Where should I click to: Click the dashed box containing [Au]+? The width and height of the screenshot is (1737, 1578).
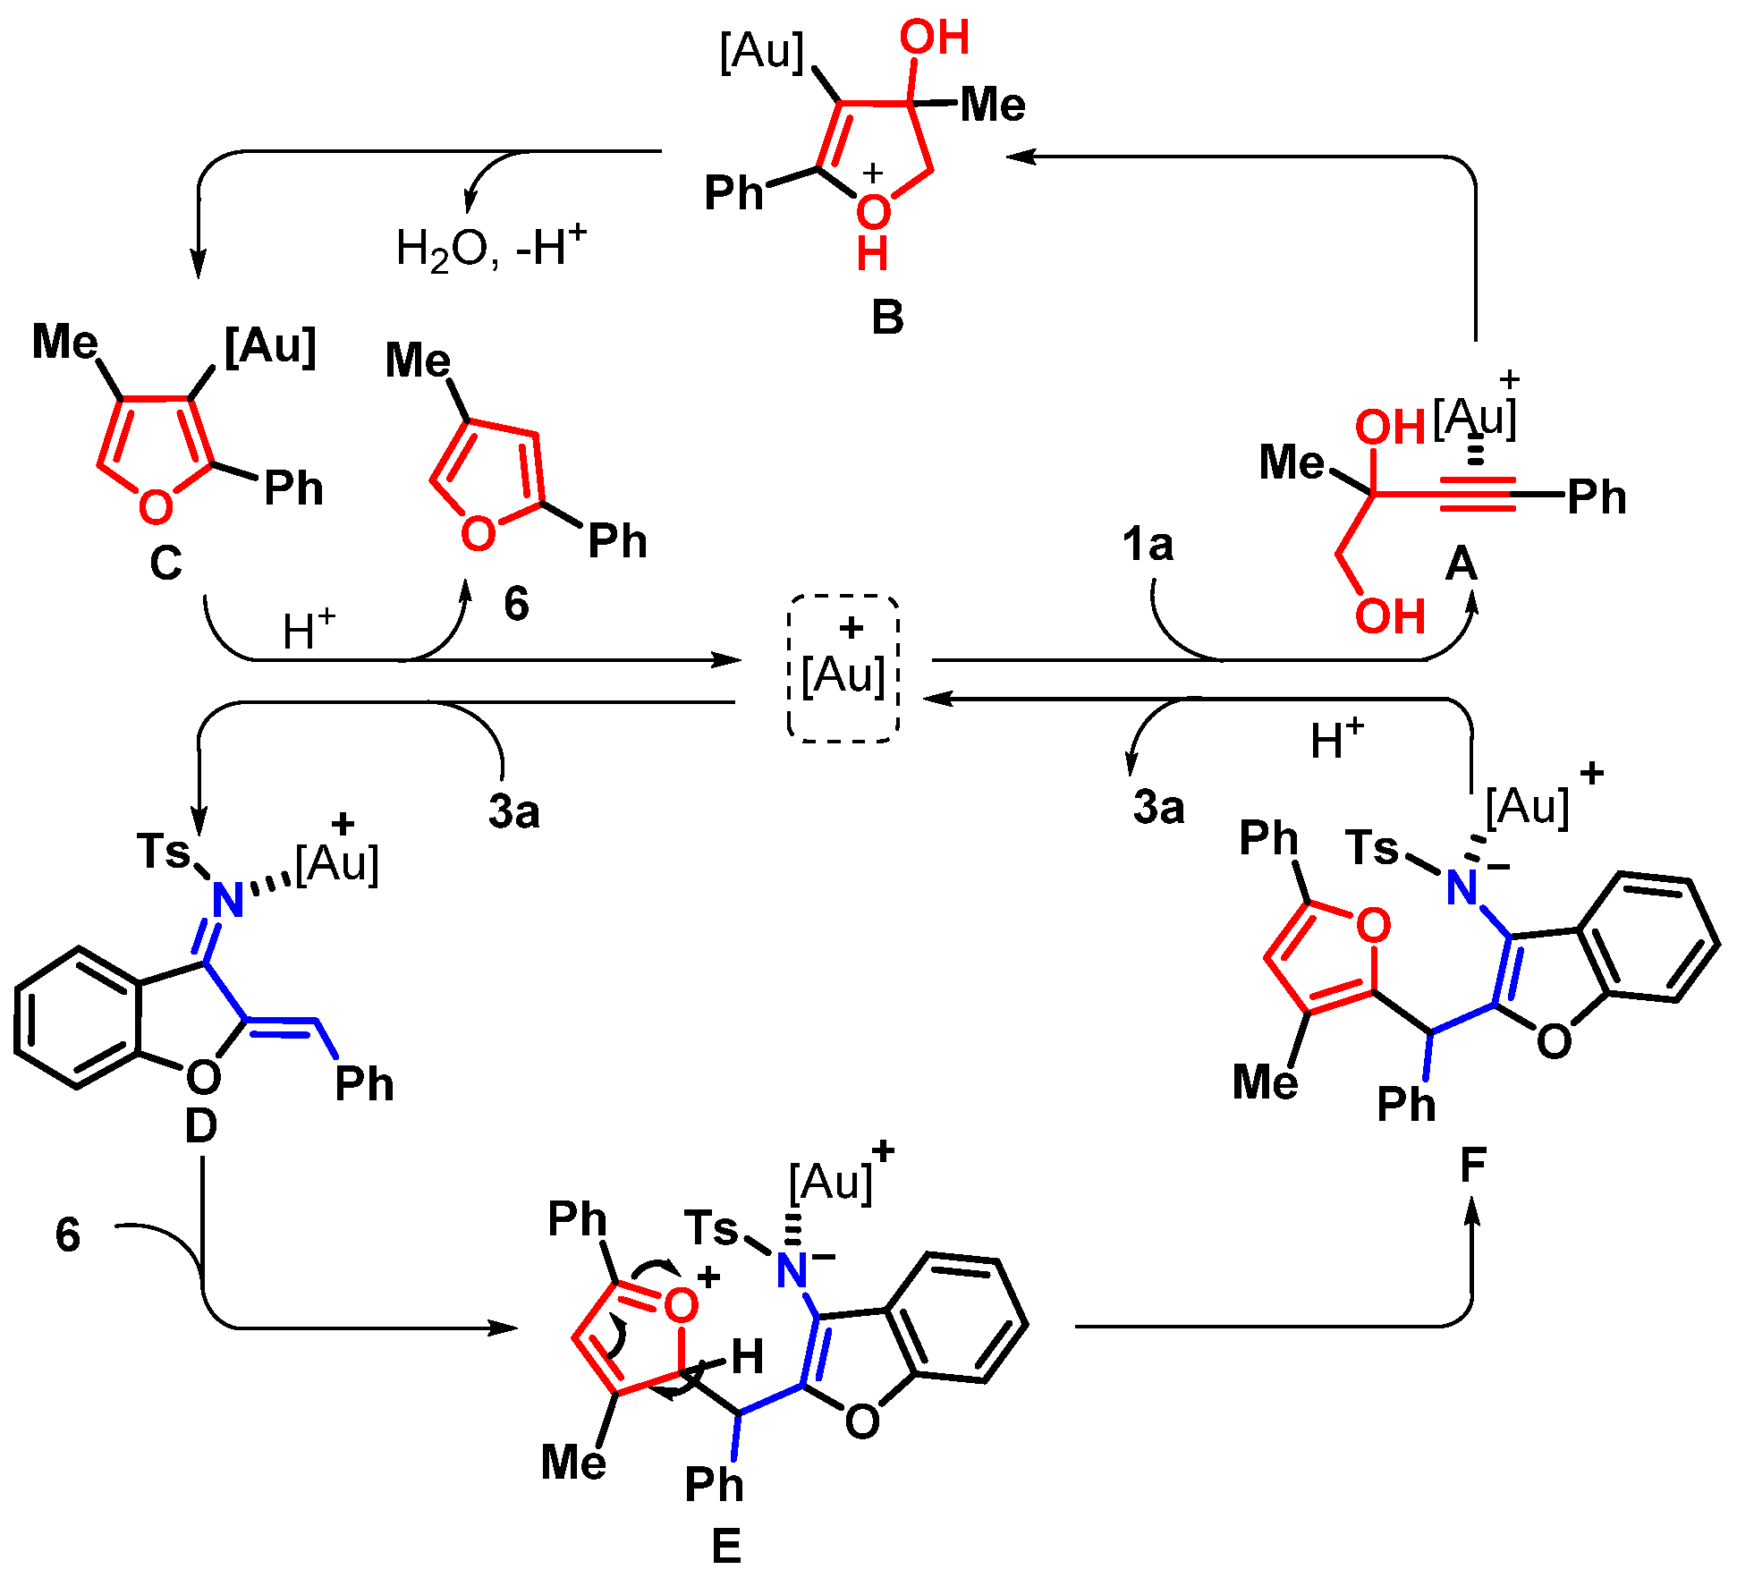[x=843, y=667]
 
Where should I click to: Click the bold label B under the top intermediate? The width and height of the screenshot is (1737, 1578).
[x=887, y=318]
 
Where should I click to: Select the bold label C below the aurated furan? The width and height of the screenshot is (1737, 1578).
[x=165, y=564]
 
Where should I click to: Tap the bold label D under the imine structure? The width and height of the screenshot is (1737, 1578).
[x=200, y=1126]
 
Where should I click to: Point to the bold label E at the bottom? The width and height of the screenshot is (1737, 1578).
[x=726, y=1546]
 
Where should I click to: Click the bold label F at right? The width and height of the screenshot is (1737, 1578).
[x=1472, y=1165]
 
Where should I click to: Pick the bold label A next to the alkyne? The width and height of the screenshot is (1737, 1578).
[x=1462, y=564]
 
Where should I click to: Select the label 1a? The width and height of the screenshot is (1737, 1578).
[x=1148, y=544]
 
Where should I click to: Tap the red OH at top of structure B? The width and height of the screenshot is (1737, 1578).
[x=934, y=38]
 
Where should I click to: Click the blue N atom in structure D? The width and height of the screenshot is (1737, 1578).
[x=228, y=900]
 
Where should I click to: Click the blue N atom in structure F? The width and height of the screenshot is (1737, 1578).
[x=1462, y=887]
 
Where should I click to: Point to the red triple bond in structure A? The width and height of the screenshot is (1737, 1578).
[x=1478, y=494]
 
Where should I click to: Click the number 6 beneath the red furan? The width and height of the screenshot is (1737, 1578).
[x=516, y=604]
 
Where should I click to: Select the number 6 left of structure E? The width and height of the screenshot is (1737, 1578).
[x=68, y=1235]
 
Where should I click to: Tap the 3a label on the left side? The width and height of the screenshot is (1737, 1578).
[x=513, y=811]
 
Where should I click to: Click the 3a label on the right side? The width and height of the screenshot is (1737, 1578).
[x=1158, y=807]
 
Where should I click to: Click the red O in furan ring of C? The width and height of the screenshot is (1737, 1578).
[x=156, y=507]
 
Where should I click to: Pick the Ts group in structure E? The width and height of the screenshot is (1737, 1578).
[x=712, y=1226]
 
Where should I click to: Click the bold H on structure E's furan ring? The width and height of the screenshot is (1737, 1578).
[x=747, y=1357]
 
